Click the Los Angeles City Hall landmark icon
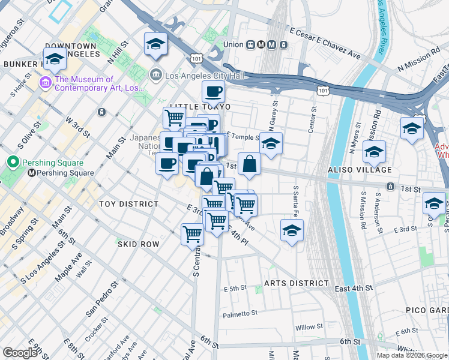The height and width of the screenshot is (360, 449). tap(155, 75)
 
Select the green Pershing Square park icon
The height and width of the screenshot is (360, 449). tap(13, 162)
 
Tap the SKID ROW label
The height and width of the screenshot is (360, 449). tap(138, 244)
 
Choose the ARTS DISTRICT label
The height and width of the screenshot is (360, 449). tap(297, 283)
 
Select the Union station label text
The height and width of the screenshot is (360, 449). tap(233, 44)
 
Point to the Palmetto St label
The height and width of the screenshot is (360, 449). tap(240, 313)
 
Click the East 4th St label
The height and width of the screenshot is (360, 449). tap(354, 289)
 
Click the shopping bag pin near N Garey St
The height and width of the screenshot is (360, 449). tap(249, 164)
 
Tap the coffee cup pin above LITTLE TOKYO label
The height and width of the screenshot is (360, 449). tap(213, 92)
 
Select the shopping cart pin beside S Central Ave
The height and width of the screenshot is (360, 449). tap(192, 233)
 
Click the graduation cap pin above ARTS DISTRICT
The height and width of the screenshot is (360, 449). tap(292, 230)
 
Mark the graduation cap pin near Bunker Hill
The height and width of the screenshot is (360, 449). tap(55, 59)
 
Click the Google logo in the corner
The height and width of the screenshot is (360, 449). tap(20, 353)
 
